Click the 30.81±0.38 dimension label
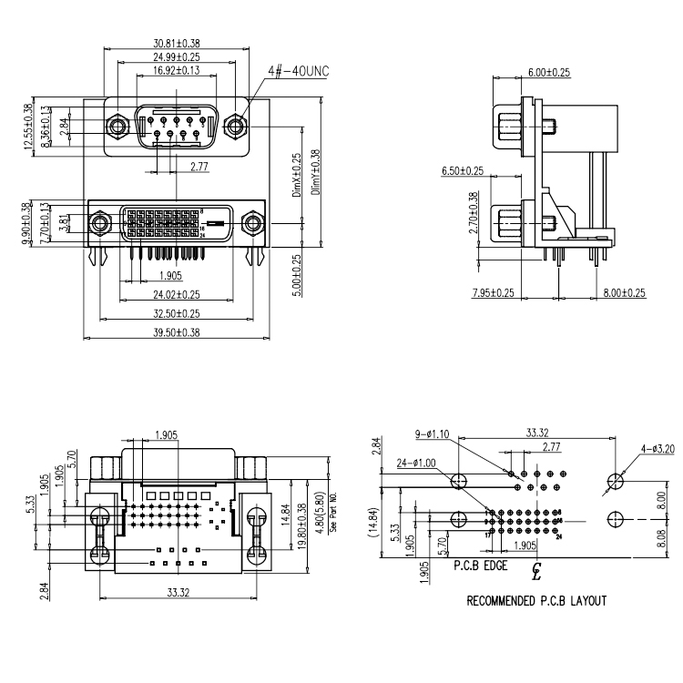(x=177, y=43)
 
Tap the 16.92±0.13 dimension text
(x=177, y=70)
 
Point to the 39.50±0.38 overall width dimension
(x=177, y=333)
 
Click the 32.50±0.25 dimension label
(x=177, y=314)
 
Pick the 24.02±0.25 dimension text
(x=177, y=295)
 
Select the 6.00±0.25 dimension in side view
(x=548, y=72)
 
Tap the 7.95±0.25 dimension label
(x=493, y=293)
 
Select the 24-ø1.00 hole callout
(x=417, y=463)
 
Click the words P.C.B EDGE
(x=481, y=566)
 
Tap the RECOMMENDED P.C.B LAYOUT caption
(x=536, y=601)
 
